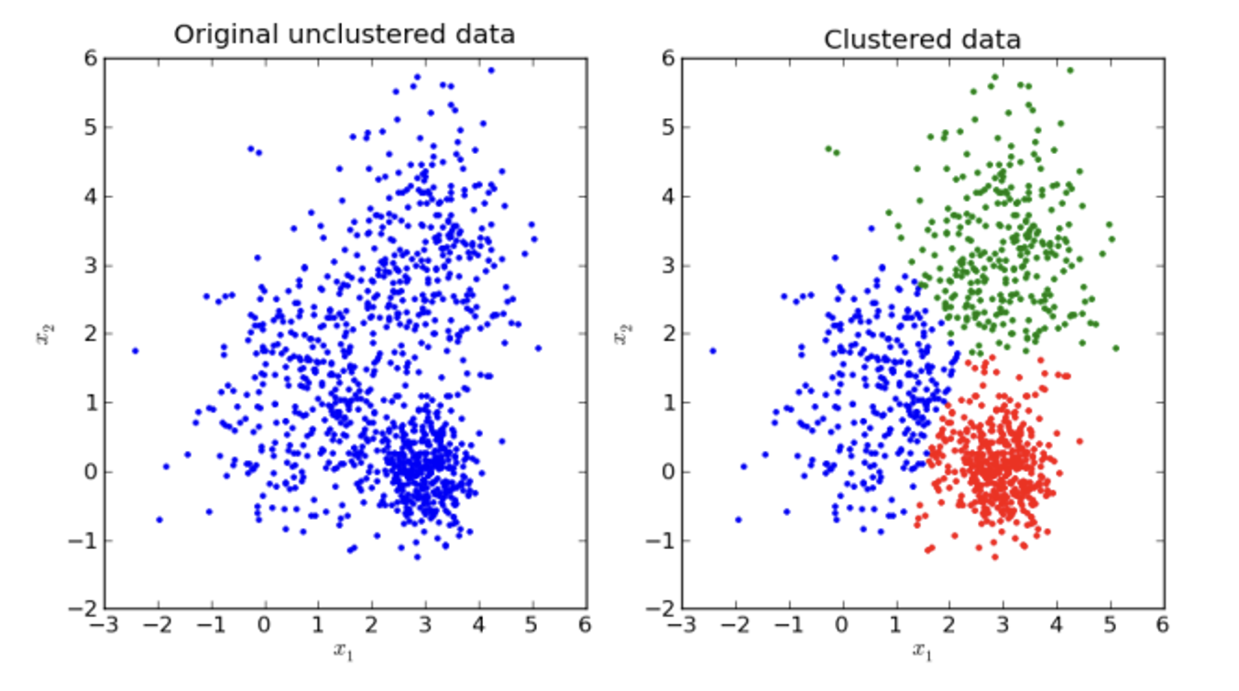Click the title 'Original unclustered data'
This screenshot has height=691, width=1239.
pyautogui.click(x=345, y=35)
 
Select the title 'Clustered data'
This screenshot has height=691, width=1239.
pyautogui.click(x=922, y=39)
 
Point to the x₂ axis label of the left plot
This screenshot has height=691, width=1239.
pyautogui.click(x=40, y=335)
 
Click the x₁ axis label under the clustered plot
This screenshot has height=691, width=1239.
pyautogui.click(x=922, y=651)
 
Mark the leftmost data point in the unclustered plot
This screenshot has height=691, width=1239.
pyautogui.click(x=136, y=350)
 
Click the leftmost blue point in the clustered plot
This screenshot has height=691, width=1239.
pyautogui.click(x=713, y=350)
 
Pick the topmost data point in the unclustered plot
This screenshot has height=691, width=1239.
pyautogui.click(x=491, y=70)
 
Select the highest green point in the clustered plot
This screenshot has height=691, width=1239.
pyautogui.click(x=1069, y=70)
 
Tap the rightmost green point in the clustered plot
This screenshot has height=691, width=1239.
pyautogui.click(x=1115, y=347)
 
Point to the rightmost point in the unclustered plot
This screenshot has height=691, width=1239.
pyautogui.click(x=538, y=347)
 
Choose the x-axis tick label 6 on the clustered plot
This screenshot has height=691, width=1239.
pyautogui.click(x=1162, y=626)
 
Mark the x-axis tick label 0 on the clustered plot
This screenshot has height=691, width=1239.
pyautogui.click(x=841, y=626)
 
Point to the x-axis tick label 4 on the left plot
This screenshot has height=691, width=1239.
pyautogui.click(x=478, y=626)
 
